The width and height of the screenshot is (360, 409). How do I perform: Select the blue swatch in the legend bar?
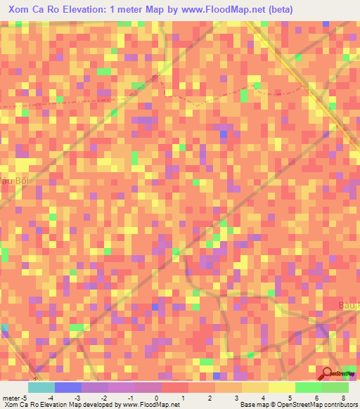point(67,387)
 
